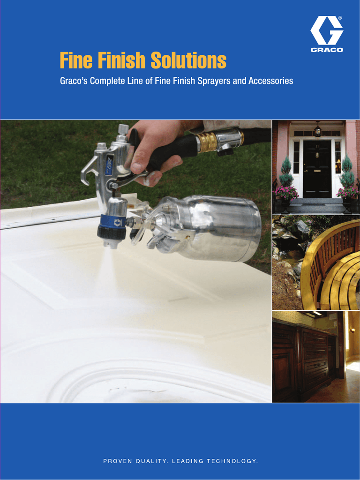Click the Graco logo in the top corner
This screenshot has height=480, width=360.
[327, 34]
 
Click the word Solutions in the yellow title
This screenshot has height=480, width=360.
[188, 60]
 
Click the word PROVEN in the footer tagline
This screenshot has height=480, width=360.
[118, 461]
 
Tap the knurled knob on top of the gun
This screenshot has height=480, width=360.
[123, 130]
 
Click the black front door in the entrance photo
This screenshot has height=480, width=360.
[317, 168]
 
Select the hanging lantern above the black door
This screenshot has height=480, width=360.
[318, 130]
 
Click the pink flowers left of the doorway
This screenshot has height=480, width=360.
[286, 192]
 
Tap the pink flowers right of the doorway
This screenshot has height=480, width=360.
[347, 192]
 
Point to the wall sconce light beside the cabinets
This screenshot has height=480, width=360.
[352, 331]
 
